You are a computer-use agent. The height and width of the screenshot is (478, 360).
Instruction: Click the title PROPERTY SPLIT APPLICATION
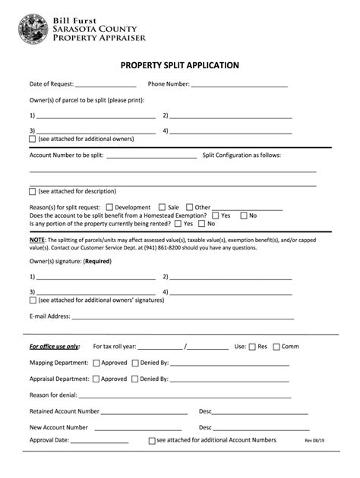pyautogui.click(x=180, y=65)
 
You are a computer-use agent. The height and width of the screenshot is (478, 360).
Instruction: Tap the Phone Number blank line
pyautogui.click(x=239, y=86)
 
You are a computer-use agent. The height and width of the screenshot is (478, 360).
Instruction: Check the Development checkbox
pyautogui.click(x=109, y=207)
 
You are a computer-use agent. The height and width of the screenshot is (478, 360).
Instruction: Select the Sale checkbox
pyautogui.click(x=162, y=207)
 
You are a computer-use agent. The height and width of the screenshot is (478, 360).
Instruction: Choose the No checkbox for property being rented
pyautogui.click(x=202, y=224)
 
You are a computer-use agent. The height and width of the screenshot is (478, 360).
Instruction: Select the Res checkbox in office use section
pyautogui.click(x=251, y=347)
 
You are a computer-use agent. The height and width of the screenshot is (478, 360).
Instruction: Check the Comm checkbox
pyautogui.click(x=276, y=347)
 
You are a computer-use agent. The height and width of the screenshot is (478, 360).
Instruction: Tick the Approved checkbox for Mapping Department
pyautogui.click(x=96, y=363)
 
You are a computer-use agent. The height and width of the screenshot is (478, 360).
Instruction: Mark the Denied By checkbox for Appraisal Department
pyautogui.click(x=134, y=379)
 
